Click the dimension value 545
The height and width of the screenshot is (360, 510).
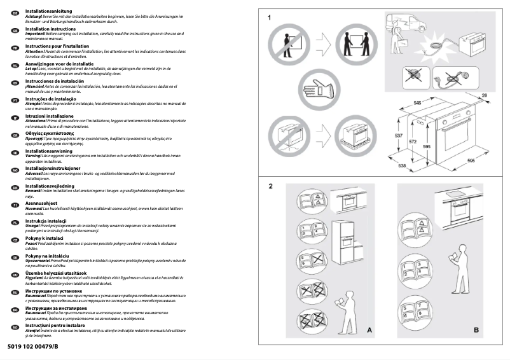pyautogui.click(x=418, y=102)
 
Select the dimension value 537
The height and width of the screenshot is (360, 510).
pyautogui.click(x=398, y=135)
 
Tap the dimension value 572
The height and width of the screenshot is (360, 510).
pyautogui.click(x=413, y=142)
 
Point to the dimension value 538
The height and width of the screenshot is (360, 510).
pyautogui.click(x=402, y=166)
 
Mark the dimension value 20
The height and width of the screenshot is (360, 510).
pyautogui.click(x=484, y=95)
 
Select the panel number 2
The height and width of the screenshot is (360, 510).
pyautogui.click(x=270, y=186)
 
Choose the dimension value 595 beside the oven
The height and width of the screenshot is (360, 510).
pyautogui.click(x=427, y=146)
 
